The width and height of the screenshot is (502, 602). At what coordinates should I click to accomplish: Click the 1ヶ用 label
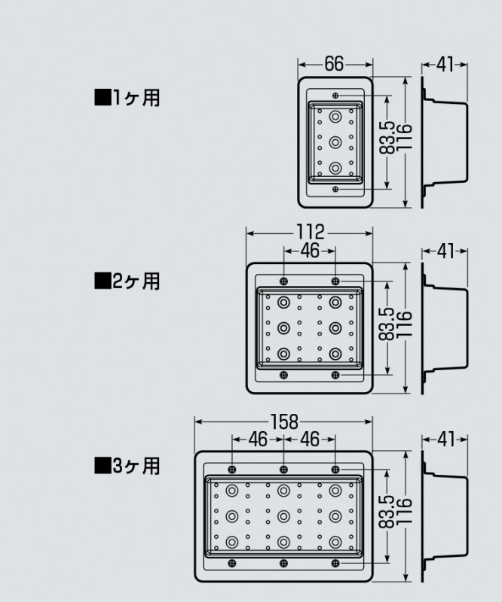click(128, 98)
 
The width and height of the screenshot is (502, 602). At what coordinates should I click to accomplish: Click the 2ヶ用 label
click(128, 281)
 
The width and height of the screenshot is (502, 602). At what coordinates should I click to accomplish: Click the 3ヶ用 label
click(128, 466)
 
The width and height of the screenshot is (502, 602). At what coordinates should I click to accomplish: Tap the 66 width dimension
click(335, 64)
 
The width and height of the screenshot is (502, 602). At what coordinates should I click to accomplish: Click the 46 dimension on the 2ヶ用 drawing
click(310, 251)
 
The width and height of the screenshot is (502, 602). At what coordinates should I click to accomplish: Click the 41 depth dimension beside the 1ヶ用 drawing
click(445, 64)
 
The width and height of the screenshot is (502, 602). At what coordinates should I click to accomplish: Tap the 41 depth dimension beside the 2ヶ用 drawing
click(445, 251)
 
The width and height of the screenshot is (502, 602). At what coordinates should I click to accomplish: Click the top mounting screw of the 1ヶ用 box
click(335, 96)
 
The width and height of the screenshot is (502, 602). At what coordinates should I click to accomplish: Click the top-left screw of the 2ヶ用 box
click(283, 281)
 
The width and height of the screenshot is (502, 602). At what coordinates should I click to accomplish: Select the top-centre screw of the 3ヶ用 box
click(283, 470)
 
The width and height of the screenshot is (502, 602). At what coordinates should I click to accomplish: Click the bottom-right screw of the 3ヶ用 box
click(335, 564)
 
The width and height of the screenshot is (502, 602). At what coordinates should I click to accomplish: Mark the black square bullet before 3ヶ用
click(101, 466)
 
